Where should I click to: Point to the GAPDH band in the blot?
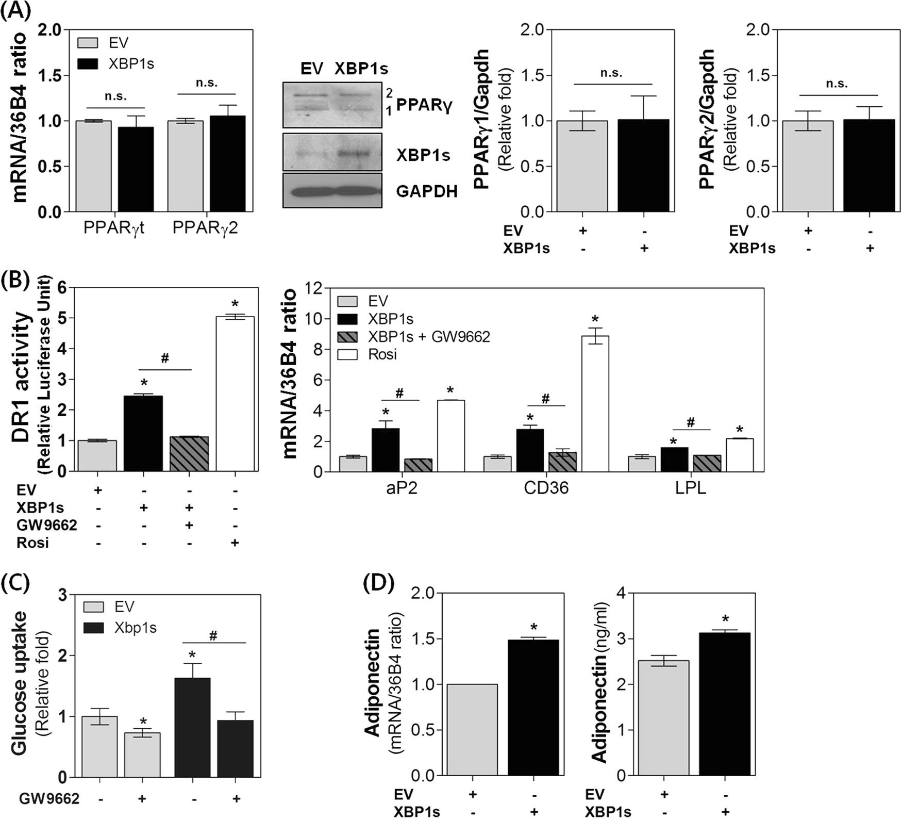(332, 191)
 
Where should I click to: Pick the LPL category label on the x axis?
(690, 487)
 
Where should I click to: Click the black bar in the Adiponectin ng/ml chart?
(724, 704)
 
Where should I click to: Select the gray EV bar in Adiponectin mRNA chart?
(472, 729)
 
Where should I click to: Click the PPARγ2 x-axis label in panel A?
(205, 227)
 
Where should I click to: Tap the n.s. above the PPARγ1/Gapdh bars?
(611, 73)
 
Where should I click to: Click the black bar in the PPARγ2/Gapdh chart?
(869, 166)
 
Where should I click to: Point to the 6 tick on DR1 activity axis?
(63, 288)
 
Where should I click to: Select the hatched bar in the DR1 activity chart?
(189, 453)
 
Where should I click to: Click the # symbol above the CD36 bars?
(545, 398)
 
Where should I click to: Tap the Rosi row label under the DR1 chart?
(32, 543)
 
